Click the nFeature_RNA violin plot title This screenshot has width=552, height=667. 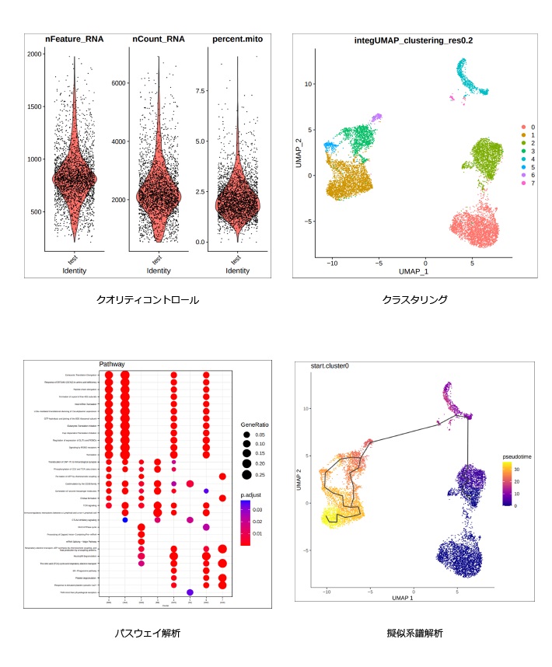[x=75, y=40]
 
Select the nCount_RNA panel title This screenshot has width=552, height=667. [x=159, y=40]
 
